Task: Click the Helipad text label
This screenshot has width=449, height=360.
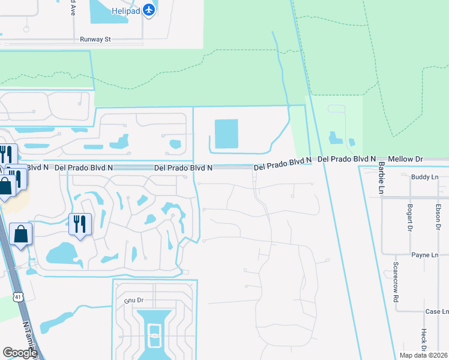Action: pyautogui.click(x=125, y=10)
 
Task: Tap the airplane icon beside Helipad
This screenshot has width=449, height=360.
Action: pyautogui.click(x=150, y=10)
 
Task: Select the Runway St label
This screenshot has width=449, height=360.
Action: pyautogui.click(x=96, y=40)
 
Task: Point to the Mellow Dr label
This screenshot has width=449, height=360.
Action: pyautogui.click(x=406, y=159)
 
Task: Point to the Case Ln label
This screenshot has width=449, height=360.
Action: pyautogui.click(x=436, y=312)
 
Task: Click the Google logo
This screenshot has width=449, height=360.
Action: pyautogui.click(x=20, y=353)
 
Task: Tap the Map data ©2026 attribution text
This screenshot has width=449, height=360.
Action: pyautogui.click(x=423, y=355)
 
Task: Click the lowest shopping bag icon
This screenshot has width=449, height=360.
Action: pyautogui.click(x=20, y=235)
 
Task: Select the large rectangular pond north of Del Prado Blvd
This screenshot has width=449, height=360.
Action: pyautogui.click(x=226, y=133)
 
